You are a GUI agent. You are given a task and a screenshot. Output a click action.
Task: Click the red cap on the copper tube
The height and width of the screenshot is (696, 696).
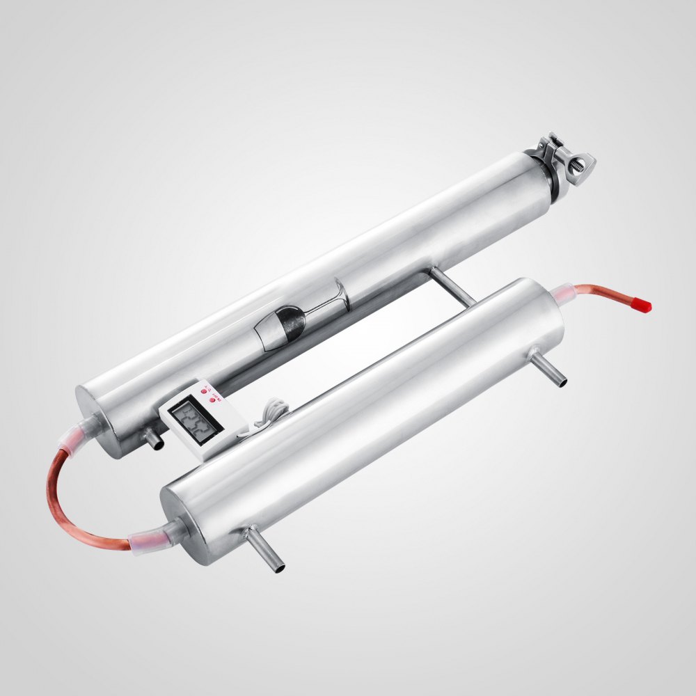tap(643, 303)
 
